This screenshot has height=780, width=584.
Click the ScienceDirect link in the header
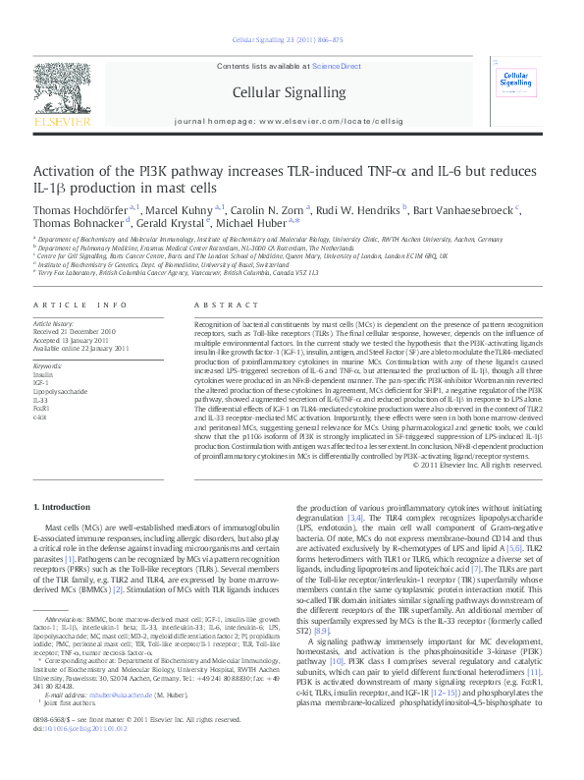click(336, 66)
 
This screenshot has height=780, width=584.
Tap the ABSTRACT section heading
click(220, 306)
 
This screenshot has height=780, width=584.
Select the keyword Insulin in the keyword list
click(44, 374)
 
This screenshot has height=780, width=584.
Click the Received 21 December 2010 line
click(78, 331)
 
